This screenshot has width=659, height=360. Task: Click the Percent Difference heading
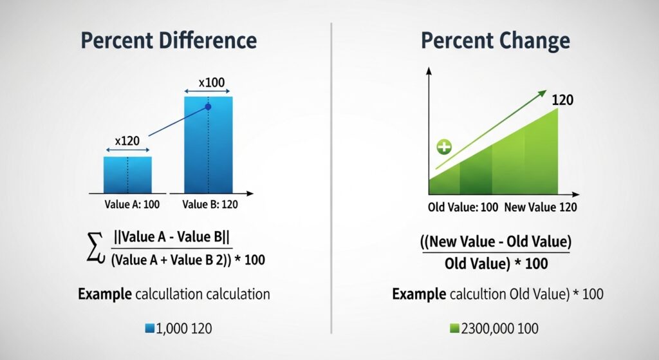click(x=169, y=40)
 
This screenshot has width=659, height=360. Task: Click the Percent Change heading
click(x=495, y=40)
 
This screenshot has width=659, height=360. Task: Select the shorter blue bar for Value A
click(x=127, y=175)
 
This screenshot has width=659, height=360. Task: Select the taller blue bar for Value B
click(x=208, y=144)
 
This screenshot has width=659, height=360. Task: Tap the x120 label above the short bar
click(x=127, y=140)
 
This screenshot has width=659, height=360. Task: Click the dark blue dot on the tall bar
click(x=207, y=107)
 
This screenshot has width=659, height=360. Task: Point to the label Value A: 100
click(x=131, y=205)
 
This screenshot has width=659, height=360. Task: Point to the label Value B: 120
click(x=211, y=205)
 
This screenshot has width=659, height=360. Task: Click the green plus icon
click(x=444, y=147)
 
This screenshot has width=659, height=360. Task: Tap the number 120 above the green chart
click(x=562, y=100)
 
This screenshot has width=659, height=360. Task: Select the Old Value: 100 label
click(x=462, y=207)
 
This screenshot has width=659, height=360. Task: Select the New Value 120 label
click(x=541, y=207)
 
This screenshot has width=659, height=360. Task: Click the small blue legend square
click(x=150, y=328)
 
